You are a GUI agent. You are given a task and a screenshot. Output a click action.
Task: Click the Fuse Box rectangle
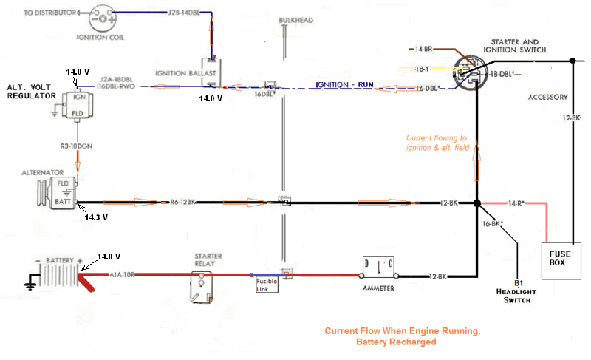pos(564,261)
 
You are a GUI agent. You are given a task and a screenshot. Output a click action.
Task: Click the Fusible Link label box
pos(267,285)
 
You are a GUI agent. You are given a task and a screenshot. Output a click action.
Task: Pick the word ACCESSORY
pos(547,97)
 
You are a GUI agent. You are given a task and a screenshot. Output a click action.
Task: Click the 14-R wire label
pos(516,203)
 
